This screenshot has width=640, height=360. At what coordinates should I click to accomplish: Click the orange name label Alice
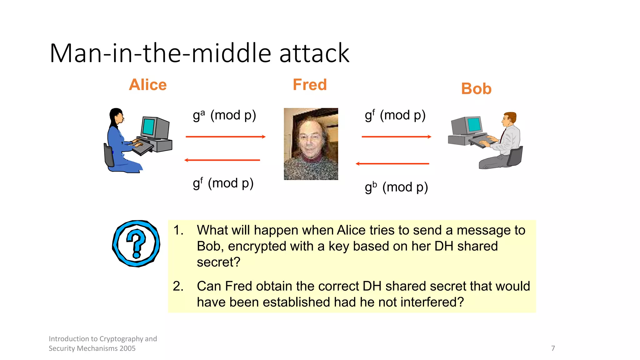148,85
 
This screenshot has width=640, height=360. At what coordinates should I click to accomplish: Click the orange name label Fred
310,85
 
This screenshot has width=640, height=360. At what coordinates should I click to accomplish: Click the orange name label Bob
476,89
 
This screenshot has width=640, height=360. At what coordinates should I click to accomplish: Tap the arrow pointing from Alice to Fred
225,137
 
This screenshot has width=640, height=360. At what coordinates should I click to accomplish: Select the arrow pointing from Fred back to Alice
222,160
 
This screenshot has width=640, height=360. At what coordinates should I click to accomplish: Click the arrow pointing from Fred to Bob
396,137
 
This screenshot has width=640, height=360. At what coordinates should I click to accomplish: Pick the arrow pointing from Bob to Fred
392,163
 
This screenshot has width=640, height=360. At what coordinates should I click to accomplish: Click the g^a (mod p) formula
224,115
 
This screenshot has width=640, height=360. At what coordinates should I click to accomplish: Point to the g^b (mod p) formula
396,187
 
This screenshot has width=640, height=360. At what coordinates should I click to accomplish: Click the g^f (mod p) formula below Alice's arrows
223,183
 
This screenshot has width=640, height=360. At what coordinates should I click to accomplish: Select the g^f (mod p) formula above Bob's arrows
395,115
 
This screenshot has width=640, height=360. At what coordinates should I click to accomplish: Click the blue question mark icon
136,243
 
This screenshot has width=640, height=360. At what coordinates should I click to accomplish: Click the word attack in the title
314,53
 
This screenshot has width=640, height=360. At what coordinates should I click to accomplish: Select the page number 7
553,348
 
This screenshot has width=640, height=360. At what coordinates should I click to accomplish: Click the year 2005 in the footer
127,348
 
